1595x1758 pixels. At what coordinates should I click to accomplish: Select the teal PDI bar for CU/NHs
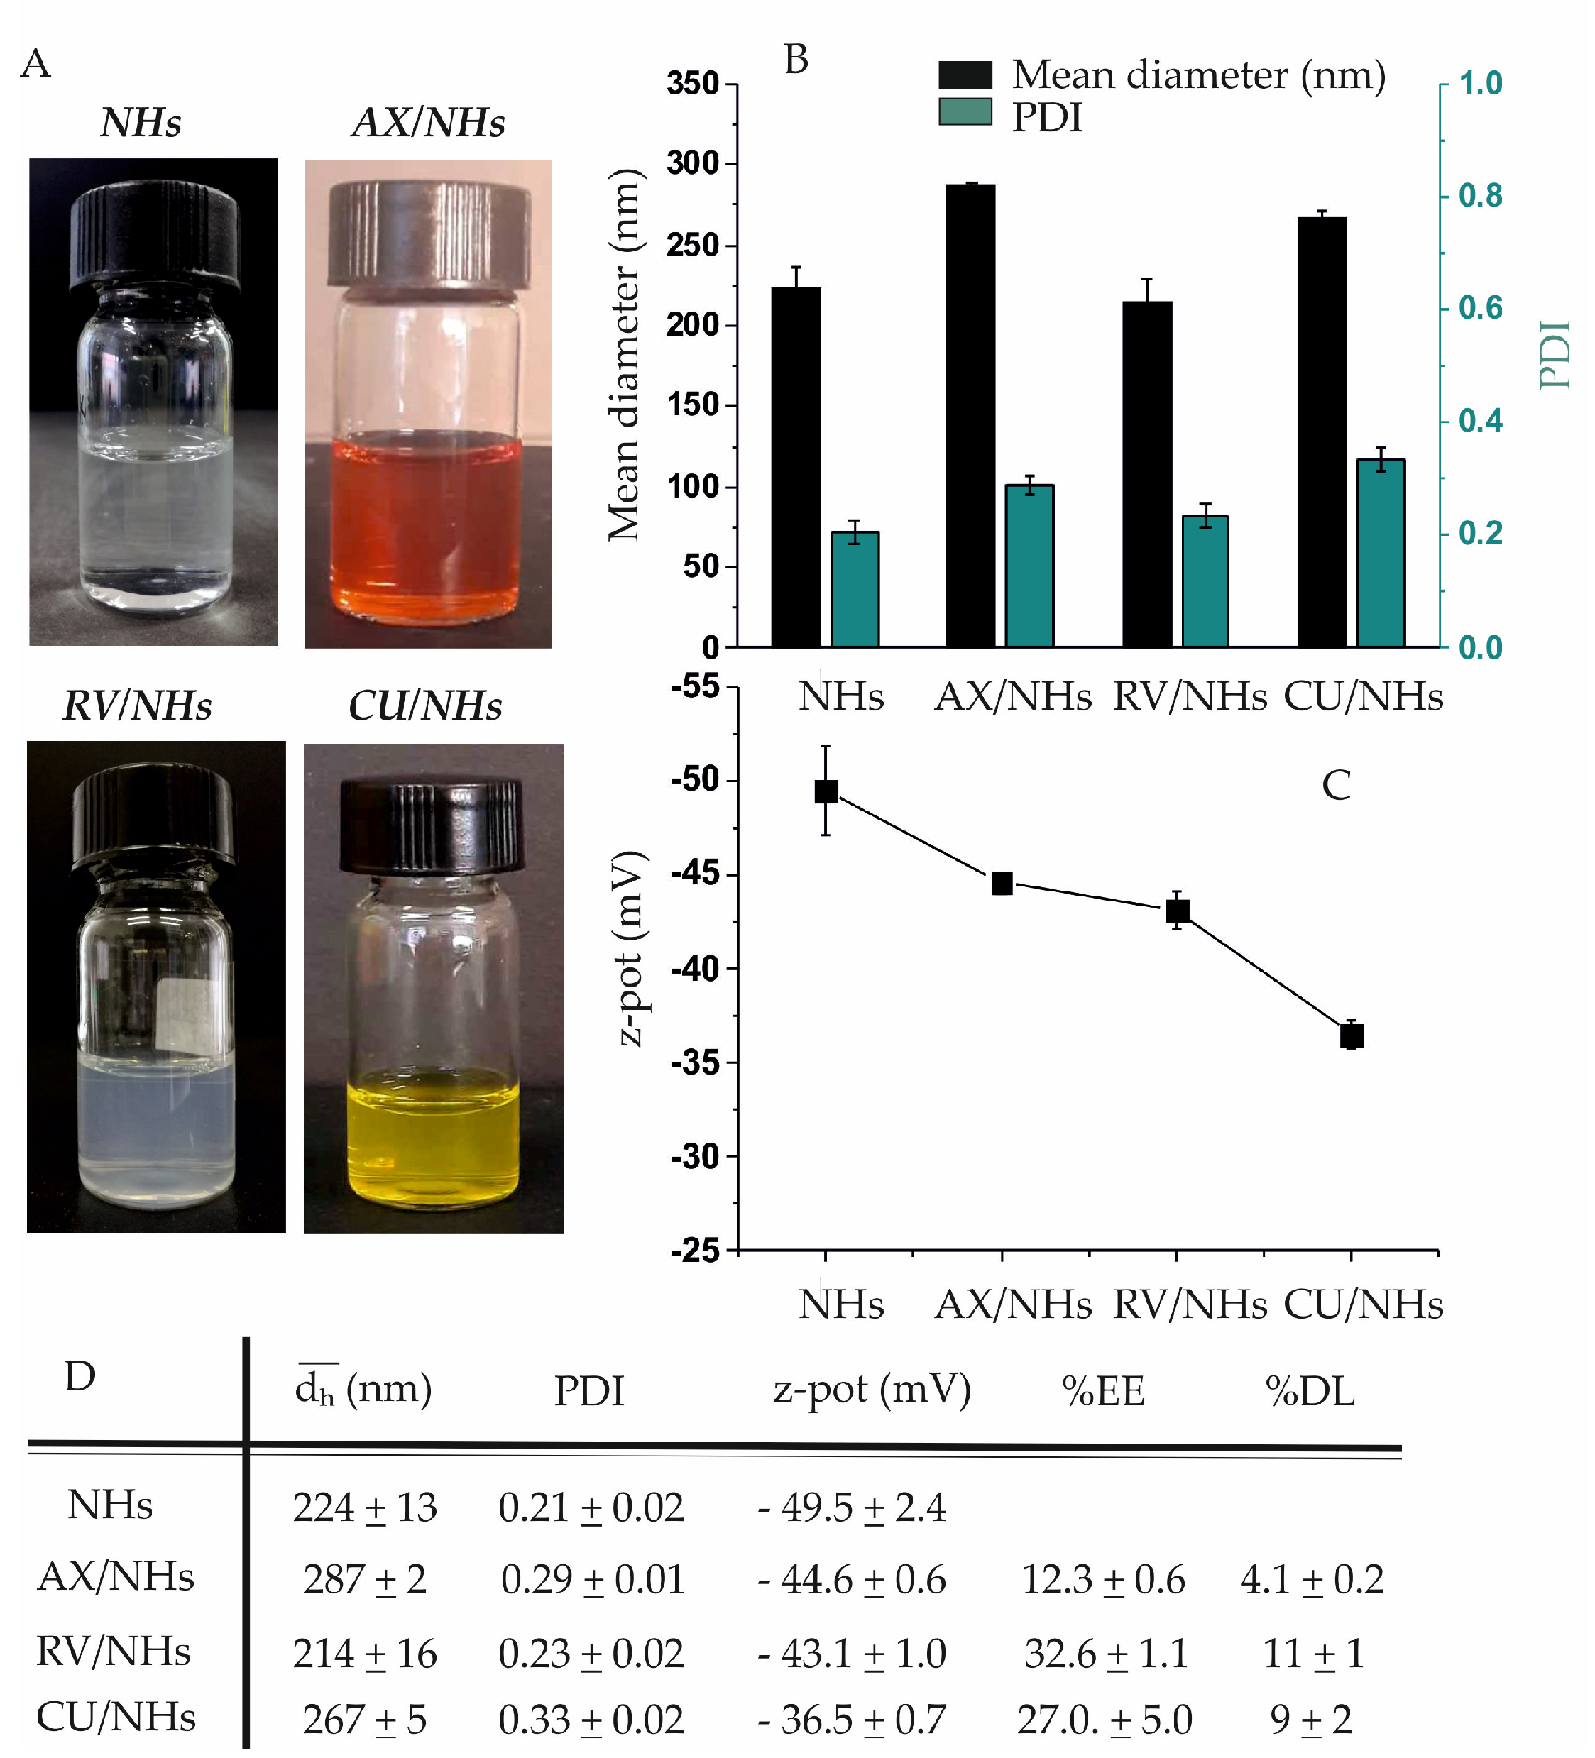click(x=1381, y=554)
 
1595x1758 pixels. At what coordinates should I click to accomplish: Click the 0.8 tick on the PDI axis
click(x=1480, y=196)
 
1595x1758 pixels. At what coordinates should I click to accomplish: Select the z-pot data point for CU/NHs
click(x=1352, y=1036)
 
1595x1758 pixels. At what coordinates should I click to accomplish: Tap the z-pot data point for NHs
click(x=826, y=792)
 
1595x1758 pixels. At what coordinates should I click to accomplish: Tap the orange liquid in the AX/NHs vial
click(x=427, y=523)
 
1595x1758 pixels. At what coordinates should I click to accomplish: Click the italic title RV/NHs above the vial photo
click(x=137, y=706)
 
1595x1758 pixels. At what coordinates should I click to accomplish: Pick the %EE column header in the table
click(x=1103, y=1391)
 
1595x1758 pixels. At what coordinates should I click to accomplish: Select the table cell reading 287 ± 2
click(x=365, y=1579)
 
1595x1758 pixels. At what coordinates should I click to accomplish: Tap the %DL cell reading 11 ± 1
click(x=1312, y=1654)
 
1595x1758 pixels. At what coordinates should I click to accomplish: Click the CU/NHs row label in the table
click(x=116, y=1718)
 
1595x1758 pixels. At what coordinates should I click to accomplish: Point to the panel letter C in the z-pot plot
click(x=1336, y=785)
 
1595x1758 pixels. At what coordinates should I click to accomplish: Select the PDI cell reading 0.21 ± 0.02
click(x=591, y=1507)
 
